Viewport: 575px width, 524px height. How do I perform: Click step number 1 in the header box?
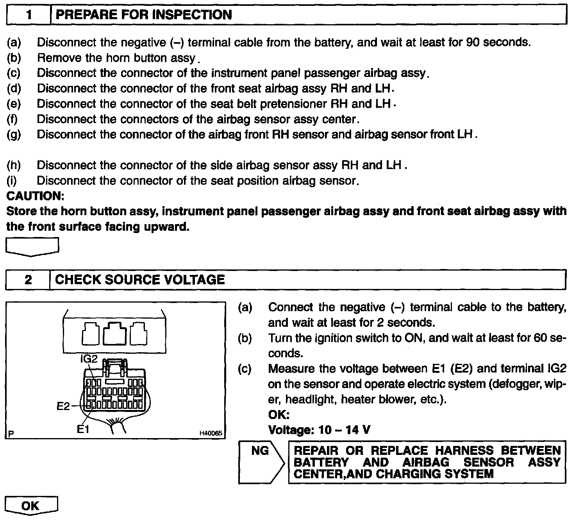29,15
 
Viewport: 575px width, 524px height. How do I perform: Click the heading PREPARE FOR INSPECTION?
143,15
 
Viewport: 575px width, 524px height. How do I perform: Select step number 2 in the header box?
28,280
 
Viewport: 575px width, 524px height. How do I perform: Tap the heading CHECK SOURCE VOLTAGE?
140,280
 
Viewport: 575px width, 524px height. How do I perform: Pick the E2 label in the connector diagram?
63,406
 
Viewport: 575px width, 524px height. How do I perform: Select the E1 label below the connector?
83,430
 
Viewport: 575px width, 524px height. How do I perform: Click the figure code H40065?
211,433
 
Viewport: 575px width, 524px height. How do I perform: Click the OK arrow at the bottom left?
31,506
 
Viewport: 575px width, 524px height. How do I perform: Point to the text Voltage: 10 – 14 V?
319,430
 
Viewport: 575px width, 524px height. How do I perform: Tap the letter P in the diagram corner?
11,433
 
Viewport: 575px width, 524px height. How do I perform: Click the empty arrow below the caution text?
32,247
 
